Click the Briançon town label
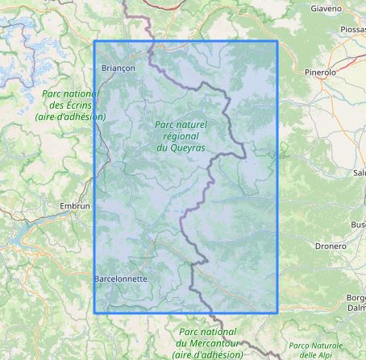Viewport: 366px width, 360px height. click(x=119, y=68)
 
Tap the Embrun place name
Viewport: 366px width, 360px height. click(x=75, y=206)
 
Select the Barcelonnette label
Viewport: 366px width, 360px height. click(x=121, y=279)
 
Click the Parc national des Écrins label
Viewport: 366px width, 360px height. click(x=69, y=105)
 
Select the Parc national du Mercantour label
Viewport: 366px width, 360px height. click(x=208, y=342)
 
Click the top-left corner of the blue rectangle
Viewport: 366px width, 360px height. click(x=94, y=41)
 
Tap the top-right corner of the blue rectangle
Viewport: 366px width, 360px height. click(x=277, y=41)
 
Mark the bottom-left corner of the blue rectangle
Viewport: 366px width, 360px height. click(x=94, y=312)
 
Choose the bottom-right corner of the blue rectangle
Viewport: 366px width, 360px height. click(x=277, y=312)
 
